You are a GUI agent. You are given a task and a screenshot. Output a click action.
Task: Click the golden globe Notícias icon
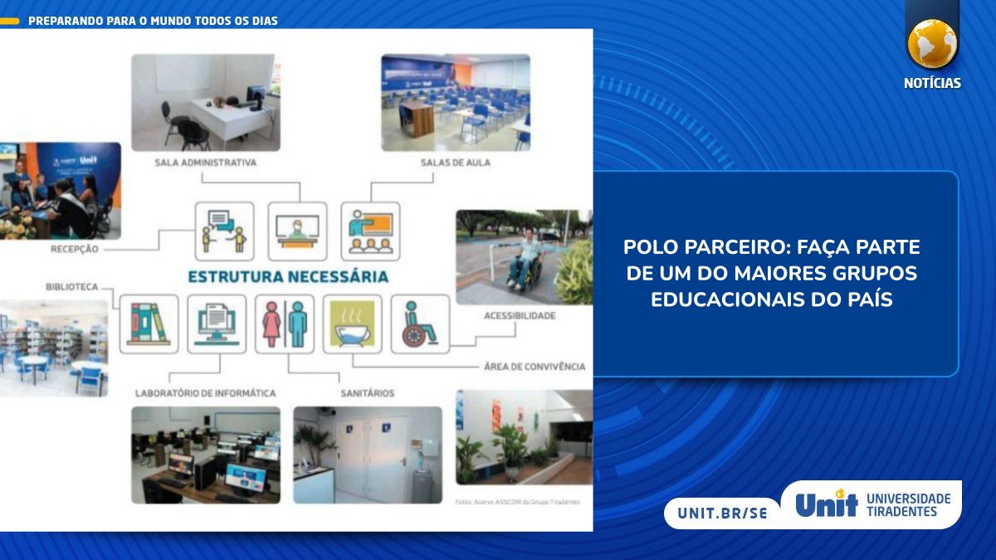coord(932,43)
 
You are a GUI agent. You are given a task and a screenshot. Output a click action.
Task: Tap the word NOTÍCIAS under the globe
coord(932,83)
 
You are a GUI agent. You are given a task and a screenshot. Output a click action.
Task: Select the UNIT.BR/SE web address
coord(722,513)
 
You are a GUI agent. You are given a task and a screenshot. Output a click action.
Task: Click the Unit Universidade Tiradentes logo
coord(872,504)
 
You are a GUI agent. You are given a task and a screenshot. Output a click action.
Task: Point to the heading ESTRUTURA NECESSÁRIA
coord(288,276)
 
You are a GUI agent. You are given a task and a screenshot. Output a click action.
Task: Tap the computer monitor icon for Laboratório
coord(217,324)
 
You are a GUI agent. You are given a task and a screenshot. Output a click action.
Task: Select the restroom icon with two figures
coord(285,324)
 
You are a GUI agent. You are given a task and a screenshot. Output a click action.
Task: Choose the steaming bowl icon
coord(353,324)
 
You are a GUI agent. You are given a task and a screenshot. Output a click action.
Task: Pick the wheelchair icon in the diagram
coord(420,324)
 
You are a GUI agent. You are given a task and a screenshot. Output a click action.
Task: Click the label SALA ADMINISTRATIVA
coord(206,163)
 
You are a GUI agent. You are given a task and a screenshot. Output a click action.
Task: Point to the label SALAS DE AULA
coord(456,163)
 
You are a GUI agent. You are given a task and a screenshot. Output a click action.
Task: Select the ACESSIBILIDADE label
coord(520,316)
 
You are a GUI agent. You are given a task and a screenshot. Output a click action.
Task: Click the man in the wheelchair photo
coord(525,256)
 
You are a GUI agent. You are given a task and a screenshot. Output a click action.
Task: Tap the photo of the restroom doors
coord(368,455)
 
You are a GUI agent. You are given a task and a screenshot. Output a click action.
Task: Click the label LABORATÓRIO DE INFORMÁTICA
coord(206,392)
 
